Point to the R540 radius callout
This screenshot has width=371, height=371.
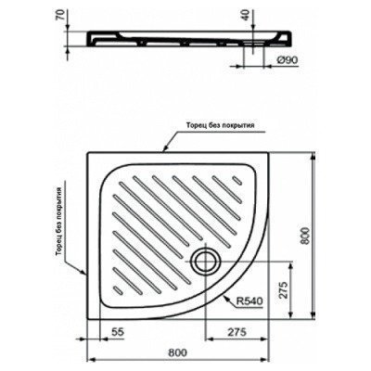(250, 301)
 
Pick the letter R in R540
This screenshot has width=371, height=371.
(239, 301)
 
